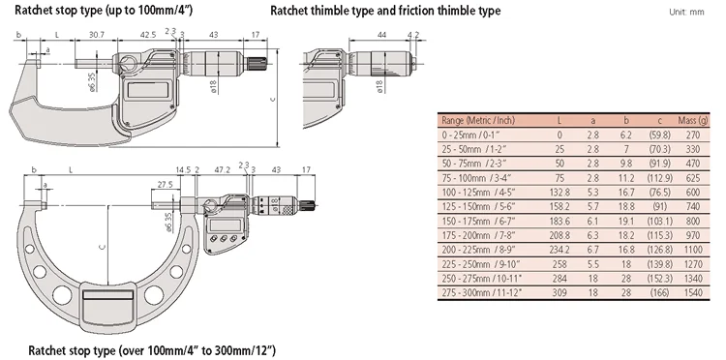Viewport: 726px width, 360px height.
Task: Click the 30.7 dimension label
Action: click(x=96, y=35)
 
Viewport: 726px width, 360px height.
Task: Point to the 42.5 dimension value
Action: click(x=148, y=35)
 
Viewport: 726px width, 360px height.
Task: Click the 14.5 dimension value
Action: click(x=183, y=169)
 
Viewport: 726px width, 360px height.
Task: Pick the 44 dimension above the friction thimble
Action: click(x=382, y=35)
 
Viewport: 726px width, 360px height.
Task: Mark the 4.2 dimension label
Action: click(x=413, y=35)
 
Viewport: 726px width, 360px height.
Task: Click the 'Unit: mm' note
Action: click(x=686, y=12)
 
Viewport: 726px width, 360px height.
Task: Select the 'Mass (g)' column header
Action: click(x=693, y=121)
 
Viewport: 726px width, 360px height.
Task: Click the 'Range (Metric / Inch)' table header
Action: click(x=478, y=121)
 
